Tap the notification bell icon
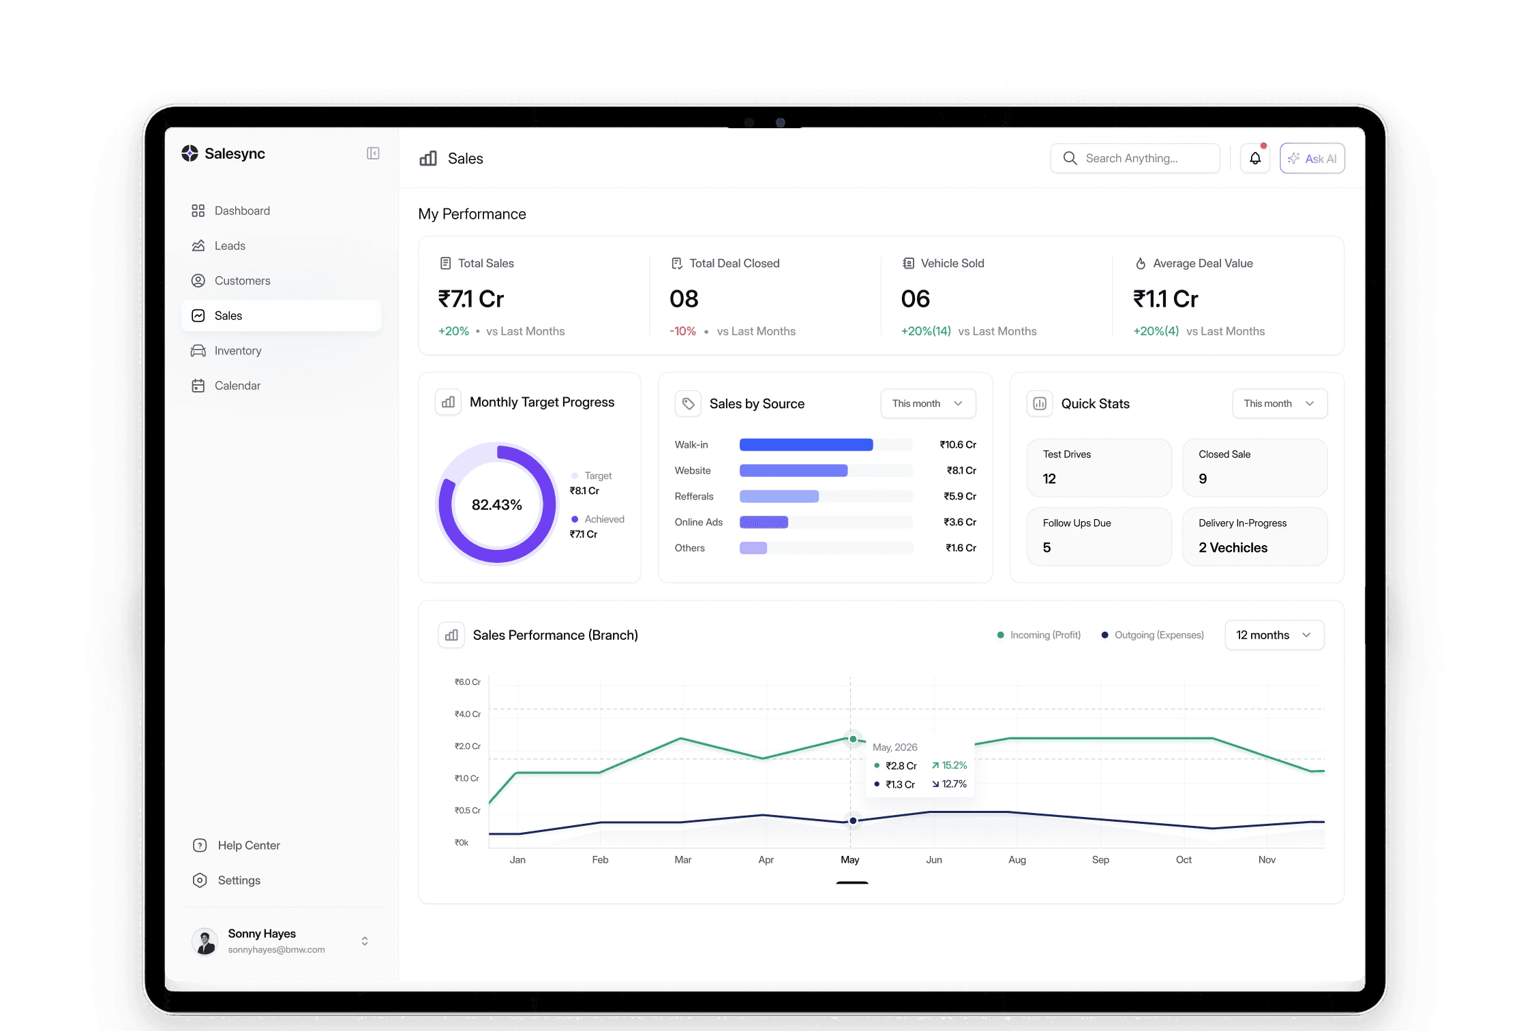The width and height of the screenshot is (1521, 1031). click(1255, 158)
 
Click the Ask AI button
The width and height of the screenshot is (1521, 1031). click(1312, 158)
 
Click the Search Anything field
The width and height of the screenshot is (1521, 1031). click(1135, 158)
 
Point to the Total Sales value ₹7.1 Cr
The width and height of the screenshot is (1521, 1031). click(470, 298)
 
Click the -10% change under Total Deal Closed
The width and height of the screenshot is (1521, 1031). click(682, 331)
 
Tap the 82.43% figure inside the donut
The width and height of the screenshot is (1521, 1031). click(497, 505)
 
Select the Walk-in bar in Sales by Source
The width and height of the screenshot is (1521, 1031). click(806, 445)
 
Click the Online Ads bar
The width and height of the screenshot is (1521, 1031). click(764, 522)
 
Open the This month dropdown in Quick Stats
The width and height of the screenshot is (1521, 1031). click(1280, 403)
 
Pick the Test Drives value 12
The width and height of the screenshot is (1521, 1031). click(1049, 479)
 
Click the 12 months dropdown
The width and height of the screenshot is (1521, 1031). click(1274, 635)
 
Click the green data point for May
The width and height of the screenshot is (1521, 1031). click(853, 739)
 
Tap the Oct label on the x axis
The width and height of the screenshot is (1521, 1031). click(1184, 860)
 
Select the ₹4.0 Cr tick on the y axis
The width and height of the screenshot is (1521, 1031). click(468, 714)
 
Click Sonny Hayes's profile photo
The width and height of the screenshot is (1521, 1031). click(205, 941)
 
